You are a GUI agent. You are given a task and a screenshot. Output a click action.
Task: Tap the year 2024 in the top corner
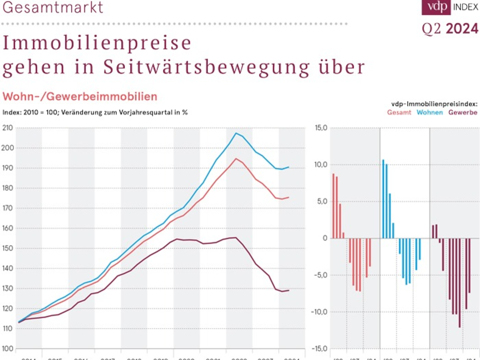click(x=462, y=29)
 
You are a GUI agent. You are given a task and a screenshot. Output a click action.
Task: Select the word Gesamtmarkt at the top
click(x=53, y=7)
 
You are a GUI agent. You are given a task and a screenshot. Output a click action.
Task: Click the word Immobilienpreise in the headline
click(x=97, y=43)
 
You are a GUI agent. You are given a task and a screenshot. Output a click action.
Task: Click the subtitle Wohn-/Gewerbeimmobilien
click(x=80, y=96)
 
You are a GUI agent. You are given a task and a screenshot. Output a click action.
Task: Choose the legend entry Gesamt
click(x=399, y=112)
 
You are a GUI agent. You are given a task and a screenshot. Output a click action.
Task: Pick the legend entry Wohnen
click(x=430, y=112)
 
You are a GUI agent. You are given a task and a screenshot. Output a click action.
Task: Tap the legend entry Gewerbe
click(x=463, y=112)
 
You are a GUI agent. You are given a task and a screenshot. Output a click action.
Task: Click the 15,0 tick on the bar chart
click(x=322, y=128)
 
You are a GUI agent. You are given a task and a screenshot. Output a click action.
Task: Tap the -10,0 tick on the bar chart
click(x=320, y=312)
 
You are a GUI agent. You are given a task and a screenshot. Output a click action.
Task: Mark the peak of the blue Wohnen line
click(x=236, y=133)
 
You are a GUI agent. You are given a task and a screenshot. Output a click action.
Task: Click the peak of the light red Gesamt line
click(x=236, y=159)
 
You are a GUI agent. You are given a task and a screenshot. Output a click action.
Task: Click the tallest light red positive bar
click(x=334, y=206)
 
